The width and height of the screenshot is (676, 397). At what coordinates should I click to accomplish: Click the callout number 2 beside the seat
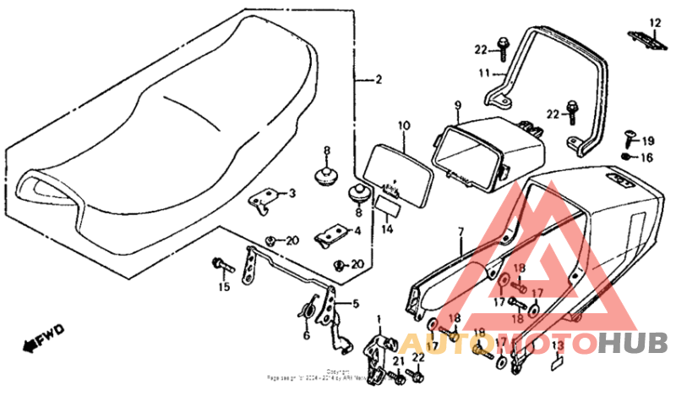click(x=378, y=80)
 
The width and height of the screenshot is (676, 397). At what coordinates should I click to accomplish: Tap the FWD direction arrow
click(x=39, y=341)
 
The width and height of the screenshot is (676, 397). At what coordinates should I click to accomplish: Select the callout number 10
click(x=404, y=126)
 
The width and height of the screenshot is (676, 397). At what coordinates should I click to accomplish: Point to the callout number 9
click(x=457, y=107)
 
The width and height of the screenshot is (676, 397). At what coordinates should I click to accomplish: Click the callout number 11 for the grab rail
click(x=485, y=74)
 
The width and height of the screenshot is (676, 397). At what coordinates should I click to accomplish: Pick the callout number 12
click(x=654, y=22)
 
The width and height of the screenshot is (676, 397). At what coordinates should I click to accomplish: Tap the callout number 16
click(x=646, y=157)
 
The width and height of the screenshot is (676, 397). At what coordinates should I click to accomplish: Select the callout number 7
click(x=461, y=231)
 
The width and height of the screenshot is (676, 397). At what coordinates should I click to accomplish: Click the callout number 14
click(x=388, y=228)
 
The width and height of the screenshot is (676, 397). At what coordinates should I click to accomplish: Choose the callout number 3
click(x=292, y=194)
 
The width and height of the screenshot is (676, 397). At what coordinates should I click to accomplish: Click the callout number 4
click(x=357, y=230)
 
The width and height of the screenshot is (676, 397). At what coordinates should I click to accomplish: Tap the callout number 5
click(x=355, y=303)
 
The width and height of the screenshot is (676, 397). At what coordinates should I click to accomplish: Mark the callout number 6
click(x=306, y=334)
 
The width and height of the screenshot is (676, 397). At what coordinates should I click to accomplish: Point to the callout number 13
click(x=557, y=345)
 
